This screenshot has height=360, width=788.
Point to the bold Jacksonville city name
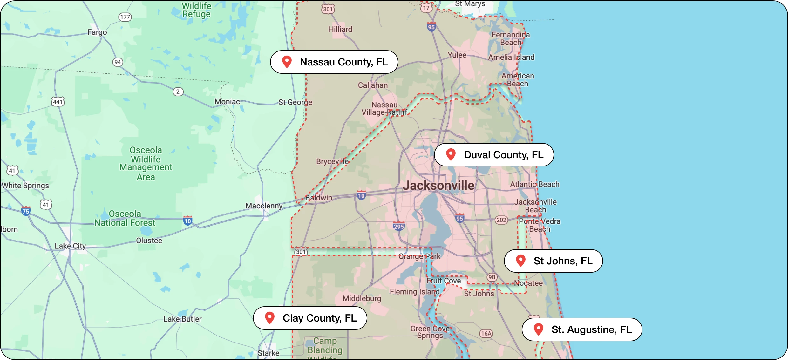point(438,186)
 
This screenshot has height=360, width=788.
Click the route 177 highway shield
point(125,17)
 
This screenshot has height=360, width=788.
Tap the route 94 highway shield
point(118,62)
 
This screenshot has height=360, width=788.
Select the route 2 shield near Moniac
point(178,92)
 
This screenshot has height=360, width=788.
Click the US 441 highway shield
point(58,102)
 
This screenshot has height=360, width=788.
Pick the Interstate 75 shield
point(26,211)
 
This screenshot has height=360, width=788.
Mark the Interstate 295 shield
point(399,226)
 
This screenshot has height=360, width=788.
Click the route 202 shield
point(501,220)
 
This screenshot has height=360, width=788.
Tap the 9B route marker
point(492,277)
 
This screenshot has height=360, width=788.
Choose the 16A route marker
point(486,333)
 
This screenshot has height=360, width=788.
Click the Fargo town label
point(97,32)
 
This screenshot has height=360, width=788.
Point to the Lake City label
point(70,246)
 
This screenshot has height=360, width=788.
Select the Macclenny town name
point(264,206)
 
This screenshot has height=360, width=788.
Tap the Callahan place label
point(373,85)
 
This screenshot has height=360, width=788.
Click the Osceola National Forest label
point(125,218)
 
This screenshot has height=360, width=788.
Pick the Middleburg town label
point(362,298)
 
